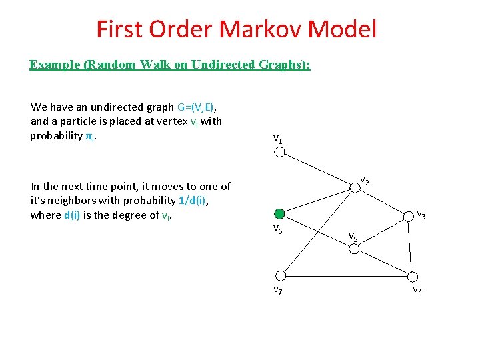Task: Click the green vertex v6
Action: pyautogui.click(x=280, y=214)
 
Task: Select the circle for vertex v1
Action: pyautogui.click(x=280, y=152)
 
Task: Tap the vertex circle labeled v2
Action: pyautogui.click(x=355, y=189)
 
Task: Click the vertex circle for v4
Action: pyautogui.click(x=413, y=276)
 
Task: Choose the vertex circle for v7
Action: pyautogui.click(x=281, y=275)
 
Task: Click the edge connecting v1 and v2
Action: pyautogui.click(x=317, y=170)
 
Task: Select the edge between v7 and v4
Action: pyautogui.click(x=347, y=275)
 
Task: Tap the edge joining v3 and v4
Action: pyautogui.click(x=410, y=245)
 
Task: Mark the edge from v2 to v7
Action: pyautogui.click(x=318, y=232)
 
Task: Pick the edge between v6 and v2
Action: pyautogui.click(x=317, y=201)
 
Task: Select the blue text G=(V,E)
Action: pyautogui.click(x=200, y=107)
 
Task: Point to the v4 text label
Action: pyautogui.click(x=417, y=290)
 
